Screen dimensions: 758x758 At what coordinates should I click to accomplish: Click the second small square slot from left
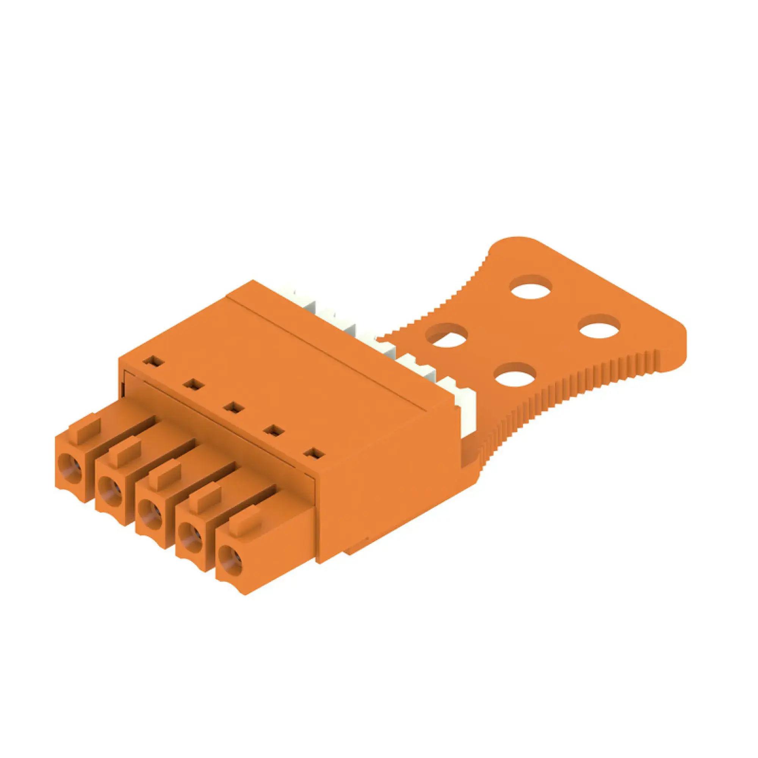tap(193, 384)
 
